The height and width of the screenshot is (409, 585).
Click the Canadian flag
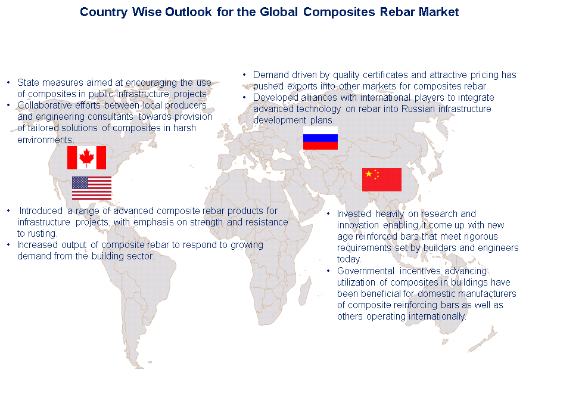[86, 157]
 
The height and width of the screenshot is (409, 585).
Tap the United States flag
[92, 188]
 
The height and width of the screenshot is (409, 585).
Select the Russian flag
[320, 138]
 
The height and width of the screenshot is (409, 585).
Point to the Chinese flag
[382, 179]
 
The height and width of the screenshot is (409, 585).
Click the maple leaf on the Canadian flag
[86, 157]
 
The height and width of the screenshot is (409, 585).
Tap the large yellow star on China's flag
[369, 173]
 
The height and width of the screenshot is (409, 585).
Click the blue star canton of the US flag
[80, 182]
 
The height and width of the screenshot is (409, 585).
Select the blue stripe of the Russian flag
[320, 138]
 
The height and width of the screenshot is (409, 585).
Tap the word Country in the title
[104, 13]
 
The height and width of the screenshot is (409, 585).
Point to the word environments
[45, 140]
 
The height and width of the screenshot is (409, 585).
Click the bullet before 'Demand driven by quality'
[244, 75]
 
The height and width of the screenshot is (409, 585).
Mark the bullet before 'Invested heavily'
[328, 213]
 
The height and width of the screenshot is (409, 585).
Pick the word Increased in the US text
[38, 244]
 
